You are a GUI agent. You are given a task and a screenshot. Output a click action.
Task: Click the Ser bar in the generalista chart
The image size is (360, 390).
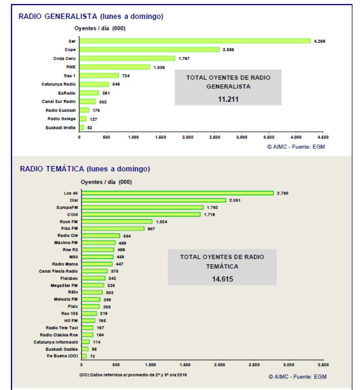(195, 41)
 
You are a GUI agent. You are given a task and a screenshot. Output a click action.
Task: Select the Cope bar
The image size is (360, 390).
(149, 50)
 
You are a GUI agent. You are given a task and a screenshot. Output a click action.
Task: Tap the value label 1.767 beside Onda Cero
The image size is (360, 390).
(184, 58)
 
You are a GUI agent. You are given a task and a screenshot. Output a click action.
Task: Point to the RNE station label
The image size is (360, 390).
(71, 67)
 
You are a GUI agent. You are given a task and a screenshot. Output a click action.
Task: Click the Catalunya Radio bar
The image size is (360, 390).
(94, 84)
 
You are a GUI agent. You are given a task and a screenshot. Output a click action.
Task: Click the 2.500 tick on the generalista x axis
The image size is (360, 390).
(214, 137)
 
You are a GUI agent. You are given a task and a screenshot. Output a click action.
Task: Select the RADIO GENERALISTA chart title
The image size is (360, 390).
(91, 16)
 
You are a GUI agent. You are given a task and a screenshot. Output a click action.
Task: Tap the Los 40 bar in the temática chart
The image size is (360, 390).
(177, 193)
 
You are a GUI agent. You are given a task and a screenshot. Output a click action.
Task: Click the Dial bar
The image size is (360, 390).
(153, 200)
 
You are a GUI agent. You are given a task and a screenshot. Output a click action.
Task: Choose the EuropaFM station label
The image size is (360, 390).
(67, 207)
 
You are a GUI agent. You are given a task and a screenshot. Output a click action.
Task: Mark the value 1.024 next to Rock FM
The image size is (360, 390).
(163, 222)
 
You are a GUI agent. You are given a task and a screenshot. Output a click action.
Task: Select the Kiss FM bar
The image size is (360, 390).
(113, 229)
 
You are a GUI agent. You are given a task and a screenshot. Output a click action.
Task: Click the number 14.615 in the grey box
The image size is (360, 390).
(222, 279)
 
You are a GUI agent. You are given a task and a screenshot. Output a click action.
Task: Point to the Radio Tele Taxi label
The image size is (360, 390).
(61, 328)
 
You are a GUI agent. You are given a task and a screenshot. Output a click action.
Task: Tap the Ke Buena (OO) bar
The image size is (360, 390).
(84, 356)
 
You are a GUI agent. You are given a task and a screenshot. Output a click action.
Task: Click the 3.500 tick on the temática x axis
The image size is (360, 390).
(323, 364)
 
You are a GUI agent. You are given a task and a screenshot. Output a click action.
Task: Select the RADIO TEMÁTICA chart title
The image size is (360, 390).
(85, 169)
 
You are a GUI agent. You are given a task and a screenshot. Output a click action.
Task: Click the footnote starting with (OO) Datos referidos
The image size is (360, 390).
(133, 375)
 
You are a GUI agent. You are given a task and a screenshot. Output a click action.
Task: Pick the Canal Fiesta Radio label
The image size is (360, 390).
(58, 271)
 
